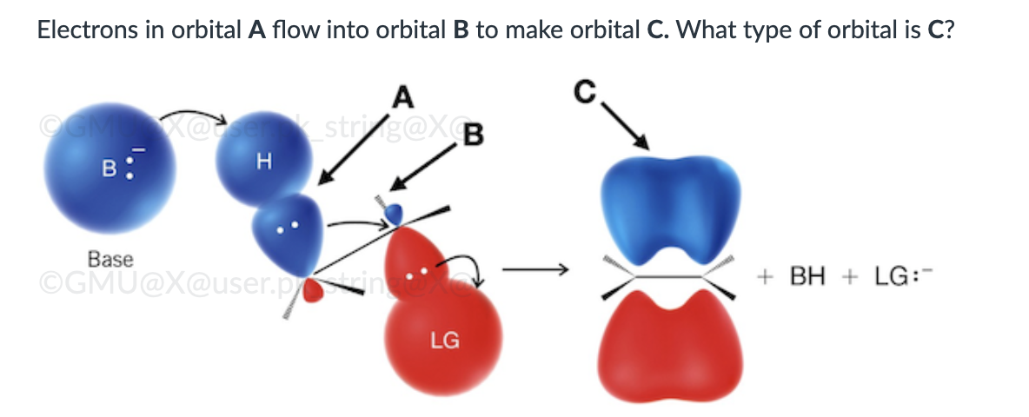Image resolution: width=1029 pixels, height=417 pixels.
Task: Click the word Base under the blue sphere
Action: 110,259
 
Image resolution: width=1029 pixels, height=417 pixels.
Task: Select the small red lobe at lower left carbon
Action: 323,291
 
